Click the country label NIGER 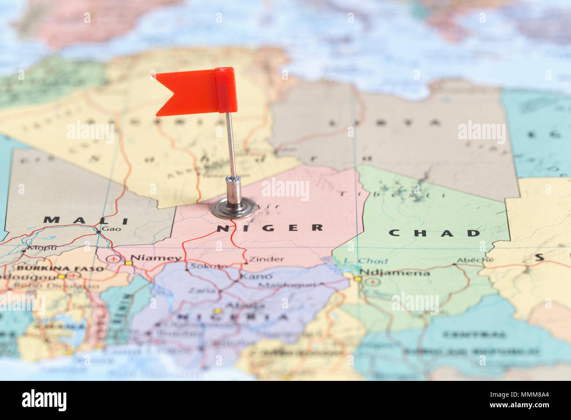270,228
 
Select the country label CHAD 434,233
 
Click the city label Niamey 156,258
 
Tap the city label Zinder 267,259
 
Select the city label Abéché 475,260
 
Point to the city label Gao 111,228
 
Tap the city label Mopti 42,248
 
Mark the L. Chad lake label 365,261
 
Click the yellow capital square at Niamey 128,263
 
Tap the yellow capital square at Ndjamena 358,279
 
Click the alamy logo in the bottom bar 44,400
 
